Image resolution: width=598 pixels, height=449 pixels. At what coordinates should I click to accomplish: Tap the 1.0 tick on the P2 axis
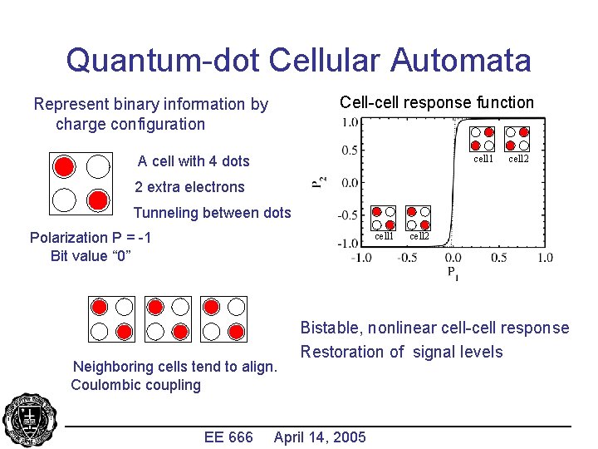(350, 121)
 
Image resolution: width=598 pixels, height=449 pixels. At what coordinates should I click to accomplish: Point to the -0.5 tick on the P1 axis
(406, 258)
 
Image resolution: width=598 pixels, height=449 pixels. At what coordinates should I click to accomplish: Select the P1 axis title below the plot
(452, 272)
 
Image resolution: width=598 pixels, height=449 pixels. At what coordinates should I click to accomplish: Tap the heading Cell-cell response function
(437, 102)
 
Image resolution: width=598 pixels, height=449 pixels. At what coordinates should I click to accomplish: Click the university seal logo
(29, 421)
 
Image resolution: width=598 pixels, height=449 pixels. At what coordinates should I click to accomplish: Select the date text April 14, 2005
(320, 437)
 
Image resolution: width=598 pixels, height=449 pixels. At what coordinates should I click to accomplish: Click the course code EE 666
(228, 437)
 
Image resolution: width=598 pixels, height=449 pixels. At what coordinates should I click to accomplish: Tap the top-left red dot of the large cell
(64, 165)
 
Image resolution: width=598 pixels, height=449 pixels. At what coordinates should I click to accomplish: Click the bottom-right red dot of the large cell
(97, 200)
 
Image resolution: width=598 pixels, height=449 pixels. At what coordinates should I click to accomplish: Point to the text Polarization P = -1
(91, 238)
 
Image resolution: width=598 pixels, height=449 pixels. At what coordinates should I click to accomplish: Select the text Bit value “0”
(91, 255)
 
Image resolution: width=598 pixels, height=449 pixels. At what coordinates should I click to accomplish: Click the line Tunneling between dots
(213, 213)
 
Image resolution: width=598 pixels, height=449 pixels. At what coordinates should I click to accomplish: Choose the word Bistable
(331, 328)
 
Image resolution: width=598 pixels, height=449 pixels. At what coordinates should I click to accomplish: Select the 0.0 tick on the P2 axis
(348, 182)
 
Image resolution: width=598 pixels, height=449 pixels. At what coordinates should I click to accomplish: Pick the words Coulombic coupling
(136, 385)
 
